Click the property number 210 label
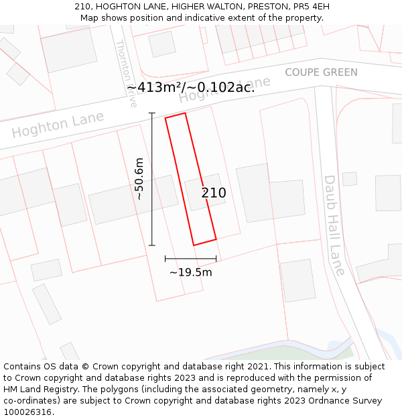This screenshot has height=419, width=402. [214, 193]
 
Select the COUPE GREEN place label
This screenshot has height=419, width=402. [321, 72]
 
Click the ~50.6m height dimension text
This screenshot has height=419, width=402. [139, 179]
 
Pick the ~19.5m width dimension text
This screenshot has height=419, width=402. [190, 272]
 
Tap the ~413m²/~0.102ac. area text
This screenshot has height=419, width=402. [190, 87]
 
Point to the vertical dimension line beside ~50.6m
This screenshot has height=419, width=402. [152, 179]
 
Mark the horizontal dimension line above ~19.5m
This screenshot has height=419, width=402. [190, 258]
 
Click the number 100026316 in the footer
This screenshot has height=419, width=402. [27, 412]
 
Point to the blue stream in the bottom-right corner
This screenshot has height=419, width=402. [385, 339]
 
